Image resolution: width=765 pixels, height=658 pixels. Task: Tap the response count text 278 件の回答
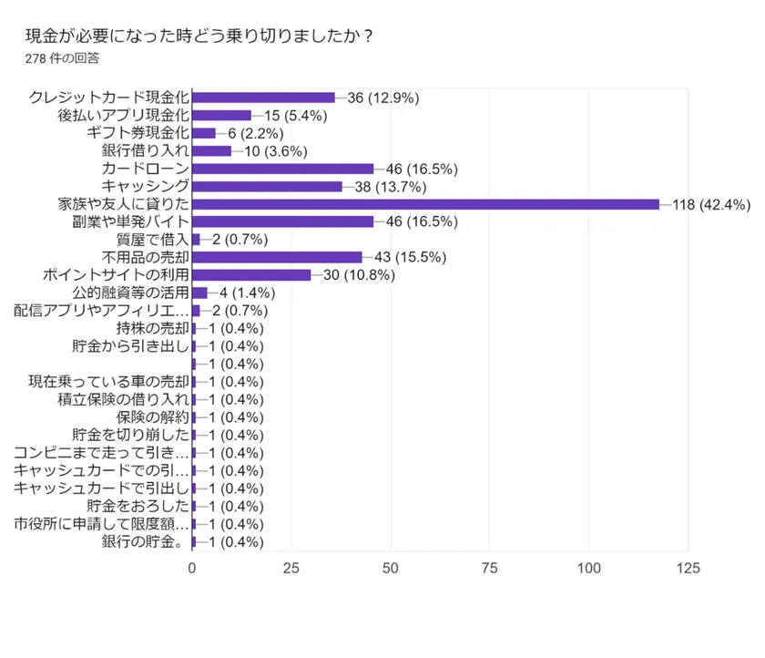tap(64, 58)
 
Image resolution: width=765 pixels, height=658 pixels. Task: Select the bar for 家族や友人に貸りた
tap(425, 204)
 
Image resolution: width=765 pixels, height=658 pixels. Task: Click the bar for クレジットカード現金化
tap(263, 98)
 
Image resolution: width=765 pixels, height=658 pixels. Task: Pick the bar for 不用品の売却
tap(277, 257)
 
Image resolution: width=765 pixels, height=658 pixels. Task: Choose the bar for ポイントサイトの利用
tap(251, 275)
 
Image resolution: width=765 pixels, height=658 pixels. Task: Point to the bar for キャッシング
tap(267, 186)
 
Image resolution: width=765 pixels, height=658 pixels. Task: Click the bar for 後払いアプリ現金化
tap(221, 115)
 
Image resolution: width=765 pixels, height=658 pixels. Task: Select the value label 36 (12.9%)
tap(382, 98)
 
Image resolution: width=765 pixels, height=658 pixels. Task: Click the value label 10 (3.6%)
tap(275, 150)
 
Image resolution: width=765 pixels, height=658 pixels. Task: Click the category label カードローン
tap(145, 169)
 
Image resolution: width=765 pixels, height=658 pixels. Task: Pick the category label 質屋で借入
tap(152, 240)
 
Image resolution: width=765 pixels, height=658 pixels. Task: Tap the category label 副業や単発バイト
tap(130, 221)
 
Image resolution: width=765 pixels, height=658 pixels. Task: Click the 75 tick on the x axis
tap(489, 568)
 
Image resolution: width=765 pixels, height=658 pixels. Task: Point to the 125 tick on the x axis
tap(688, 568)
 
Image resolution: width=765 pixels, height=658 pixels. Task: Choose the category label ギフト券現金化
tap(138, 133)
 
